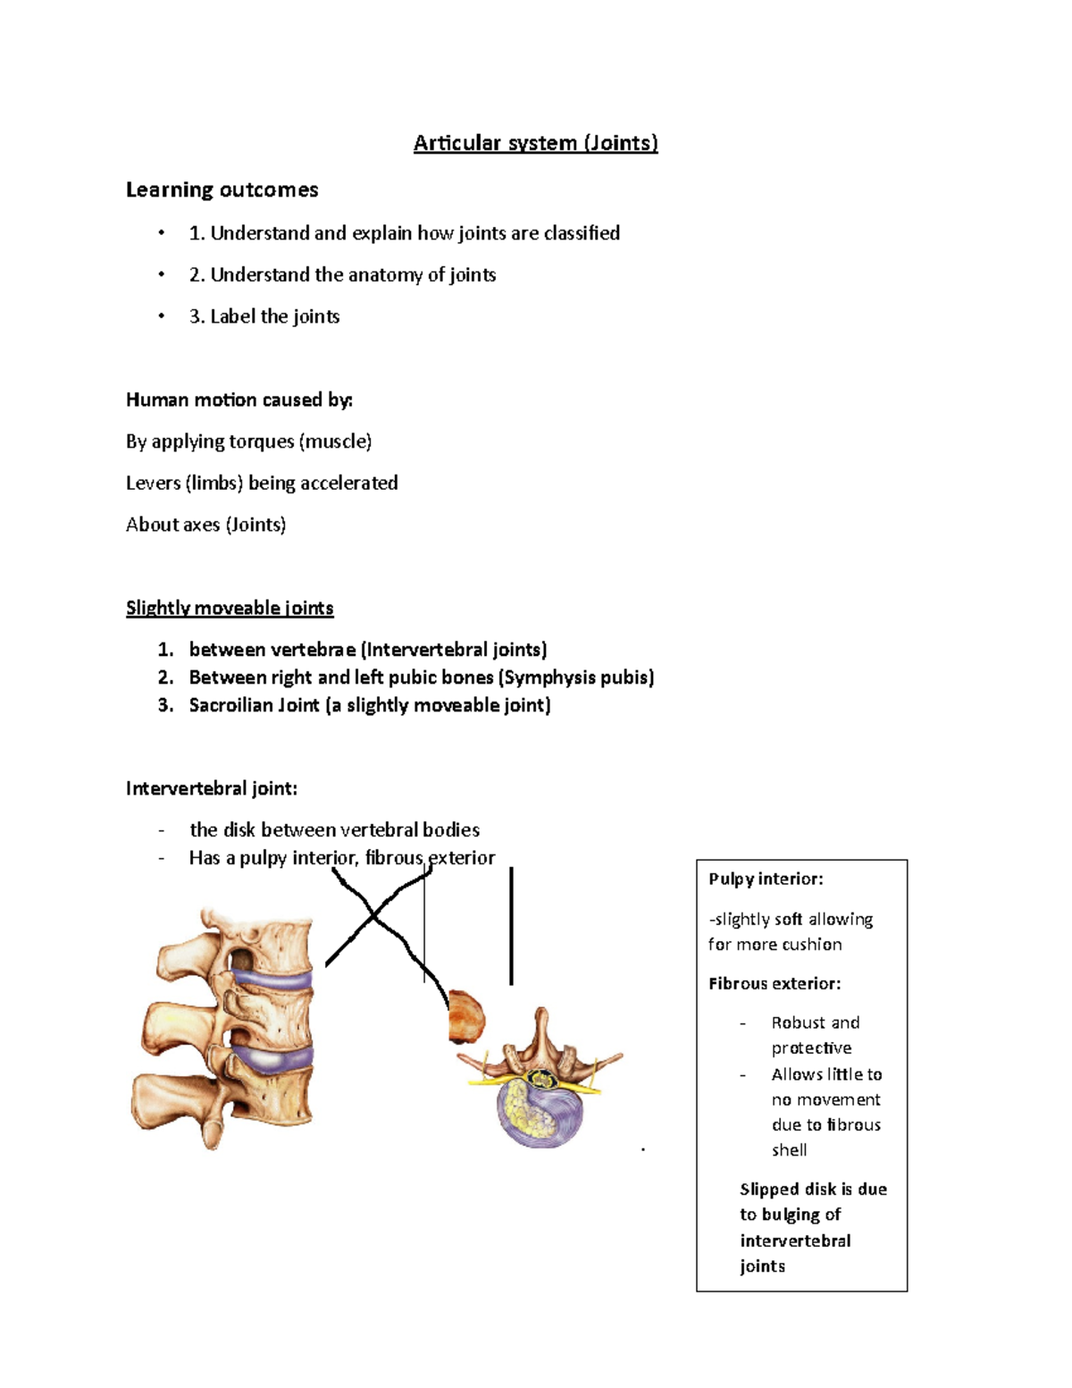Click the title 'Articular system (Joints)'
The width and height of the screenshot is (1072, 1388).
(x=535, y=143)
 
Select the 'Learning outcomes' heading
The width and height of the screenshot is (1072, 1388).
(x=222, y=189)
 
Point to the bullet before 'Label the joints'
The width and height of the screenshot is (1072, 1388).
(x=162, y=316)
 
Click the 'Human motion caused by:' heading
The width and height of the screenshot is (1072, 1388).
(x=239, y=400)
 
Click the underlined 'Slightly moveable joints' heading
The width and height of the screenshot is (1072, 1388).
(x=230, y=609)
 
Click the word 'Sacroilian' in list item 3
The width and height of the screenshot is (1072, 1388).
(x=230, y=705)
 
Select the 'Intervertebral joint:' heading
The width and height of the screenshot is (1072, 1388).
(x=212, y=788)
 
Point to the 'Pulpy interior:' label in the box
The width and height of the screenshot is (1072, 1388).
(x=766, y=879)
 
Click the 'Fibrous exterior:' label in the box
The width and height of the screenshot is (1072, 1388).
(x=775, y=984)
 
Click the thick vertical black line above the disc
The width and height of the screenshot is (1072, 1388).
(x=511, y=927)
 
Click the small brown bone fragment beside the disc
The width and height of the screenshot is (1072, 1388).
(x=465, y=1017)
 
